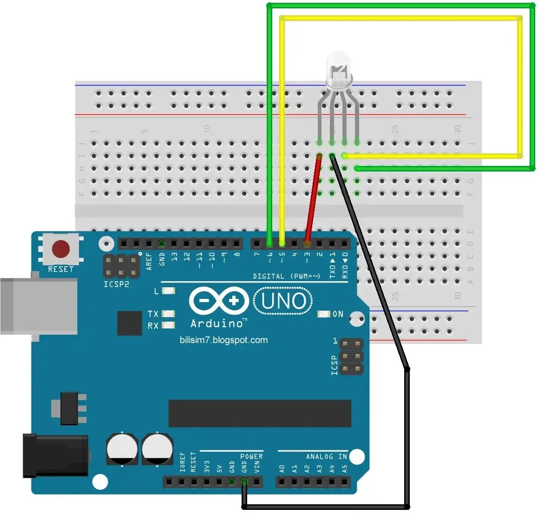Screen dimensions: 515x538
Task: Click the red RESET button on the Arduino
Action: click(x=61, y=249)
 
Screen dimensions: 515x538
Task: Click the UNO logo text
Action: click(x=283, y=301)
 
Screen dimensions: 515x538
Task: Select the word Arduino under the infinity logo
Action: click(x=217, y=323)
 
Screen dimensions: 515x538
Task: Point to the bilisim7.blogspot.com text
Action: click(x=223, y=340)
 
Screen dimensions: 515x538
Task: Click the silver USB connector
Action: click(x=39, y=306)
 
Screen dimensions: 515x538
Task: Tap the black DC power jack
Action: click(x=55, y=456)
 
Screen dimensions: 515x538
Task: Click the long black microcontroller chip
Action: click(x=260, y=413)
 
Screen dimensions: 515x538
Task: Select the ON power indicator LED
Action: click(x=324, y=314)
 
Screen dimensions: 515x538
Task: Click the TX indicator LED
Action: click(x=168, y=314)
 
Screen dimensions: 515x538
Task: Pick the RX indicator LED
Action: click(x=168, y=325)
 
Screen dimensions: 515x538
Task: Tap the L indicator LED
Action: click(x=169, y=291)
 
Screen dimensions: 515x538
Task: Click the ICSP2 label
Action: click(x=116, y=284)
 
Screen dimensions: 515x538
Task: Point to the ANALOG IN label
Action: click(x=326, y=456)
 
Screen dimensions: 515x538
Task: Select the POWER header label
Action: click(x=251, y=456)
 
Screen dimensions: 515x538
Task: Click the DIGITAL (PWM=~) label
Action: click(x=287, y=276)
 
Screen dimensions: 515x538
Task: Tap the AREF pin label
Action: click(x=149, y=261)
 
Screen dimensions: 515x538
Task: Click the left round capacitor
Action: click(x=122, y=449)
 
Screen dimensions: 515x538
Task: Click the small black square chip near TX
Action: click(x=129, y=323)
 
